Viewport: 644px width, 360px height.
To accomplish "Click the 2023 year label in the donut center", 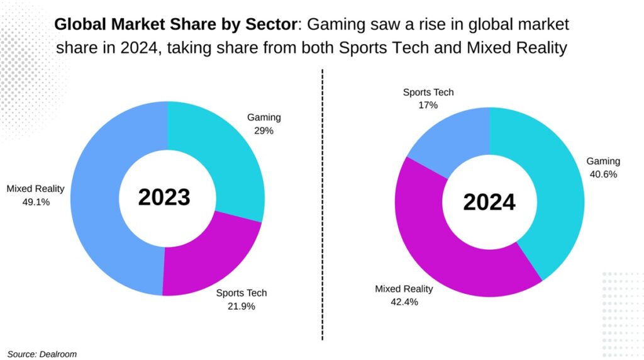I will (164, 197).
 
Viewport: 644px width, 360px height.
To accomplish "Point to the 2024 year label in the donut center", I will (489, 202).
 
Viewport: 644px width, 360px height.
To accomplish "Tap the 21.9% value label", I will (241, 307).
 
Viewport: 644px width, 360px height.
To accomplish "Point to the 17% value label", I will (428, 106).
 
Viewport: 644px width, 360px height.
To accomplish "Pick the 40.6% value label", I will (603, 174).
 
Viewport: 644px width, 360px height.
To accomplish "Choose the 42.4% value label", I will (404, 302).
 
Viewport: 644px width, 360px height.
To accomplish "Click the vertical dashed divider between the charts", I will (323, 208).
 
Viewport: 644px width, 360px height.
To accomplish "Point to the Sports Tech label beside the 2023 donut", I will (241, 293).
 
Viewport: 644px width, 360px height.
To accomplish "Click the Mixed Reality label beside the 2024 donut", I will (404, 289).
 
